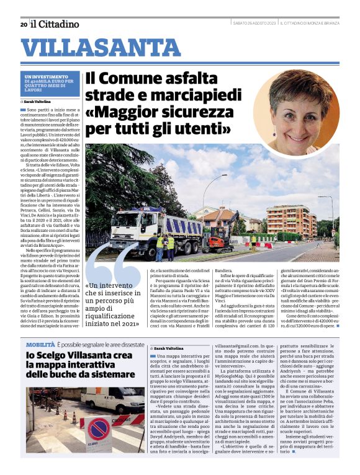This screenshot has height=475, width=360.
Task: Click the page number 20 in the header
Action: (24, 24)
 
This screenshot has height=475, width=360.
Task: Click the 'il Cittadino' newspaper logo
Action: (55, 24)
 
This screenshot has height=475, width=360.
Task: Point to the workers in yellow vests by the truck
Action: (165, 242)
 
